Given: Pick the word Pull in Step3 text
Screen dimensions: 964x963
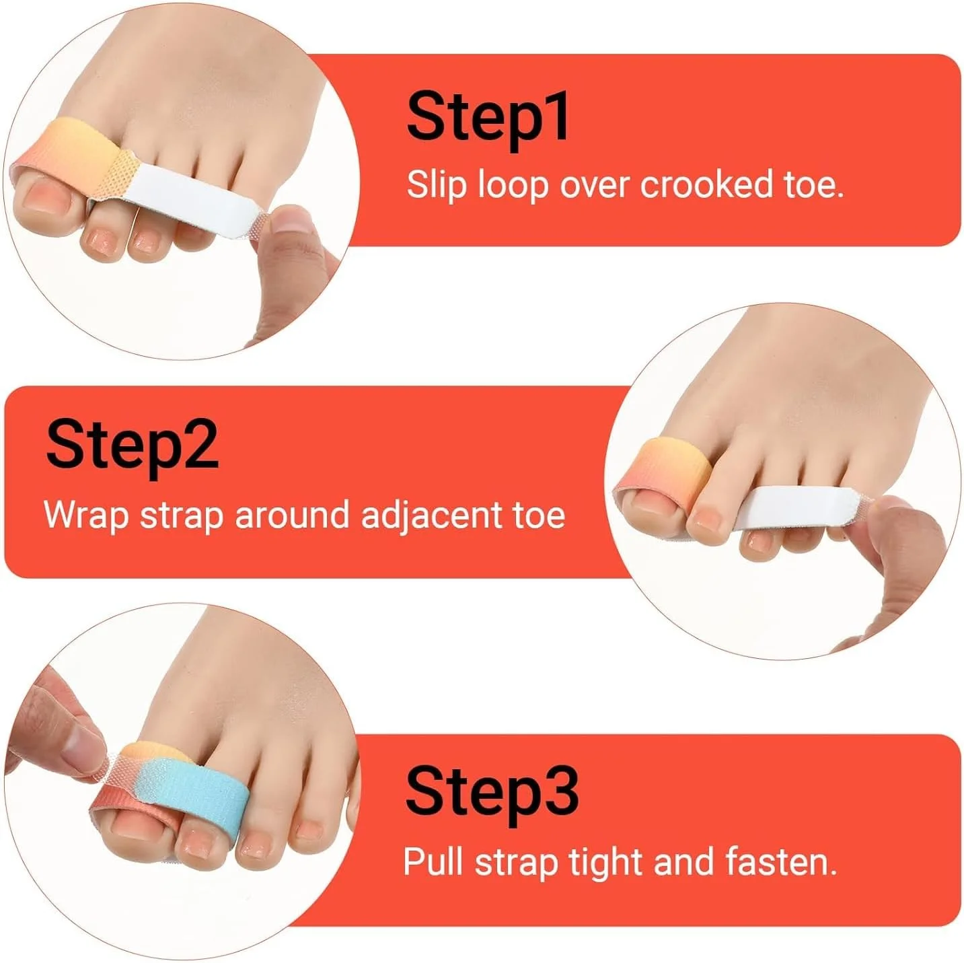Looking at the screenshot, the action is pyautogui.click(x=433, y=861).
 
